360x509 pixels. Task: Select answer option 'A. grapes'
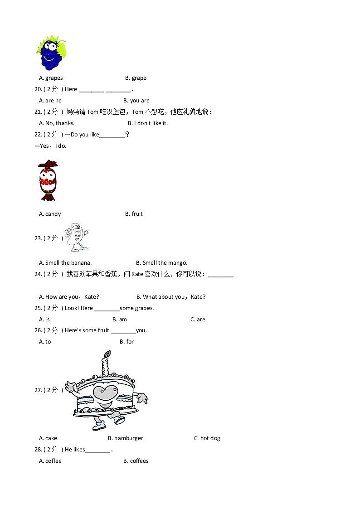click(x=51, y=78)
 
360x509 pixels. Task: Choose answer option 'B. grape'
click(x=136, y=78)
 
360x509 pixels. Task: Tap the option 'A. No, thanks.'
click(x=57, y=123)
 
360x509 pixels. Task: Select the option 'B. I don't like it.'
click(x=147, y=123)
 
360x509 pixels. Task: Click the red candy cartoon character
click(x=48, y=180)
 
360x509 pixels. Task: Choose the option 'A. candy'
click(x=50, y=214)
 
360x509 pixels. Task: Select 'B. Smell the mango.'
click(x=161, y=263)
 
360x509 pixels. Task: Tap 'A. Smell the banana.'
click(x=65, y=263)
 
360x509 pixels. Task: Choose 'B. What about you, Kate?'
click(x=171, y=297)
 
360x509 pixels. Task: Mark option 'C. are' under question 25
click(x=198, y=320)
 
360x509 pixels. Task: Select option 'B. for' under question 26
click(x=126, y=342)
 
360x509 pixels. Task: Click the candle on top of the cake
click(x=106, y=363)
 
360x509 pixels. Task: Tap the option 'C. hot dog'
click(x=207, y=438)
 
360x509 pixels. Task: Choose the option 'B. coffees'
click(x=136, y=461)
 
